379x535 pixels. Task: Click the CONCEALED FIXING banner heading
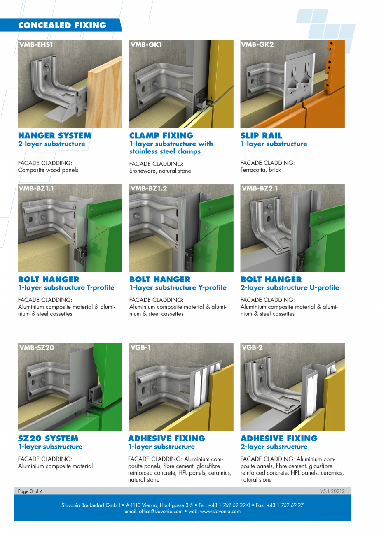(62, 25)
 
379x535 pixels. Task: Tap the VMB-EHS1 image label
(36, 44)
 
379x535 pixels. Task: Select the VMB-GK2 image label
(257, 44)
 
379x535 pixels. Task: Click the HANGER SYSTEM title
(55, 135)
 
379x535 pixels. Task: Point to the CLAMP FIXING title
(161, 135)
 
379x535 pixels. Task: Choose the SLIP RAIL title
(261, 135)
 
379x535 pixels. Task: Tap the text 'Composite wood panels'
(48, 170)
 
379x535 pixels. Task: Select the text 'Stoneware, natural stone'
(160, 171)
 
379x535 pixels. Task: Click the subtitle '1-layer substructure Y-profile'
(178, 287)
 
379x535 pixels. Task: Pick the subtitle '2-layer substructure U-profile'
(290, 287)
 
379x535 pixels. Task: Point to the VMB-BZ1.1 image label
(37, 188)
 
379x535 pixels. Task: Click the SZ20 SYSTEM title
(48, 438)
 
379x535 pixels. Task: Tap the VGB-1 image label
(140, 347)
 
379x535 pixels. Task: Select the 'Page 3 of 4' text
(30, 491)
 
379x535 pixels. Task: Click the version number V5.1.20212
(332, 491)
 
